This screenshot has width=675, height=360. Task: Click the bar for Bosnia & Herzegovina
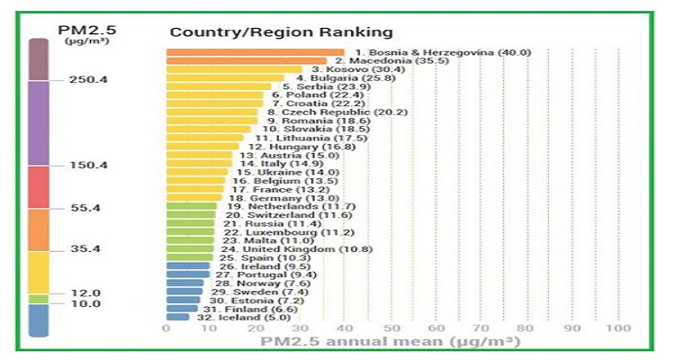pos(255,52)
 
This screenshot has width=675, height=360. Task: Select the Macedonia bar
pos(246,61)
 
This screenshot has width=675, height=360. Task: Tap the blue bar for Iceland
pos(177,317)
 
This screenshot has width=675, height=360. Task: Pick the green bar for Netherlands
pos(191,206)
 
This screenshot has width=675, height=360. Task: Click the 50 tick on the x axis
pos(391,328)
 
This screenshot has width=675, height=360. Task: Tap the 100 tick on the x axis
pos(618,328)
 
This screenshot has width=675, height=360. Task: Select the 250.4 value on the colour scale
pos(88,80)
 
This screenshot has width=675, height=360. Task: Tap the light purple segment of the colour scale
pos(39,123)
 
